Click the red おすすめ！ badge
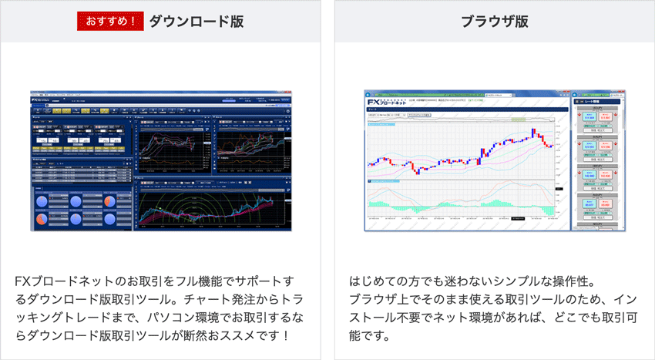110,21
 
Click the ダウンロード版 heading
196,21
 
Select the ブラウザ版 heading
494,21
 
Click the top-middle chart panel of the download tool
173,146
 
